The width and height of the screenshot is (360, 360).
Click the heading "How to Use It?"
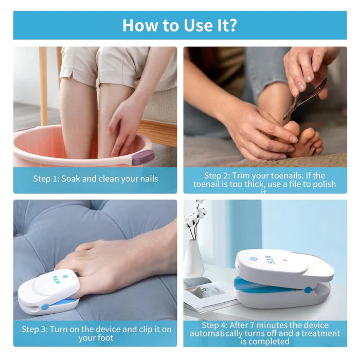179,25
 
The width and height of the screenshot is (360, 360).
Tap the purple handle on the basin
142,157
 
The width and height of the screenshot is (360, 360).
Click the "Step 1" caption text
96,179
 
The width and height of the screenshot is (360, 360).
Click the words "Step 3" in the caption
34,329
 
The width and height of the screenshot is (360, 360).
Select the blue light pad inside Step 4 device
267,284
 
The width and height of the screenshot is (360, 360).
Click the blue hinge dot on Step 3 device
45,307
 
